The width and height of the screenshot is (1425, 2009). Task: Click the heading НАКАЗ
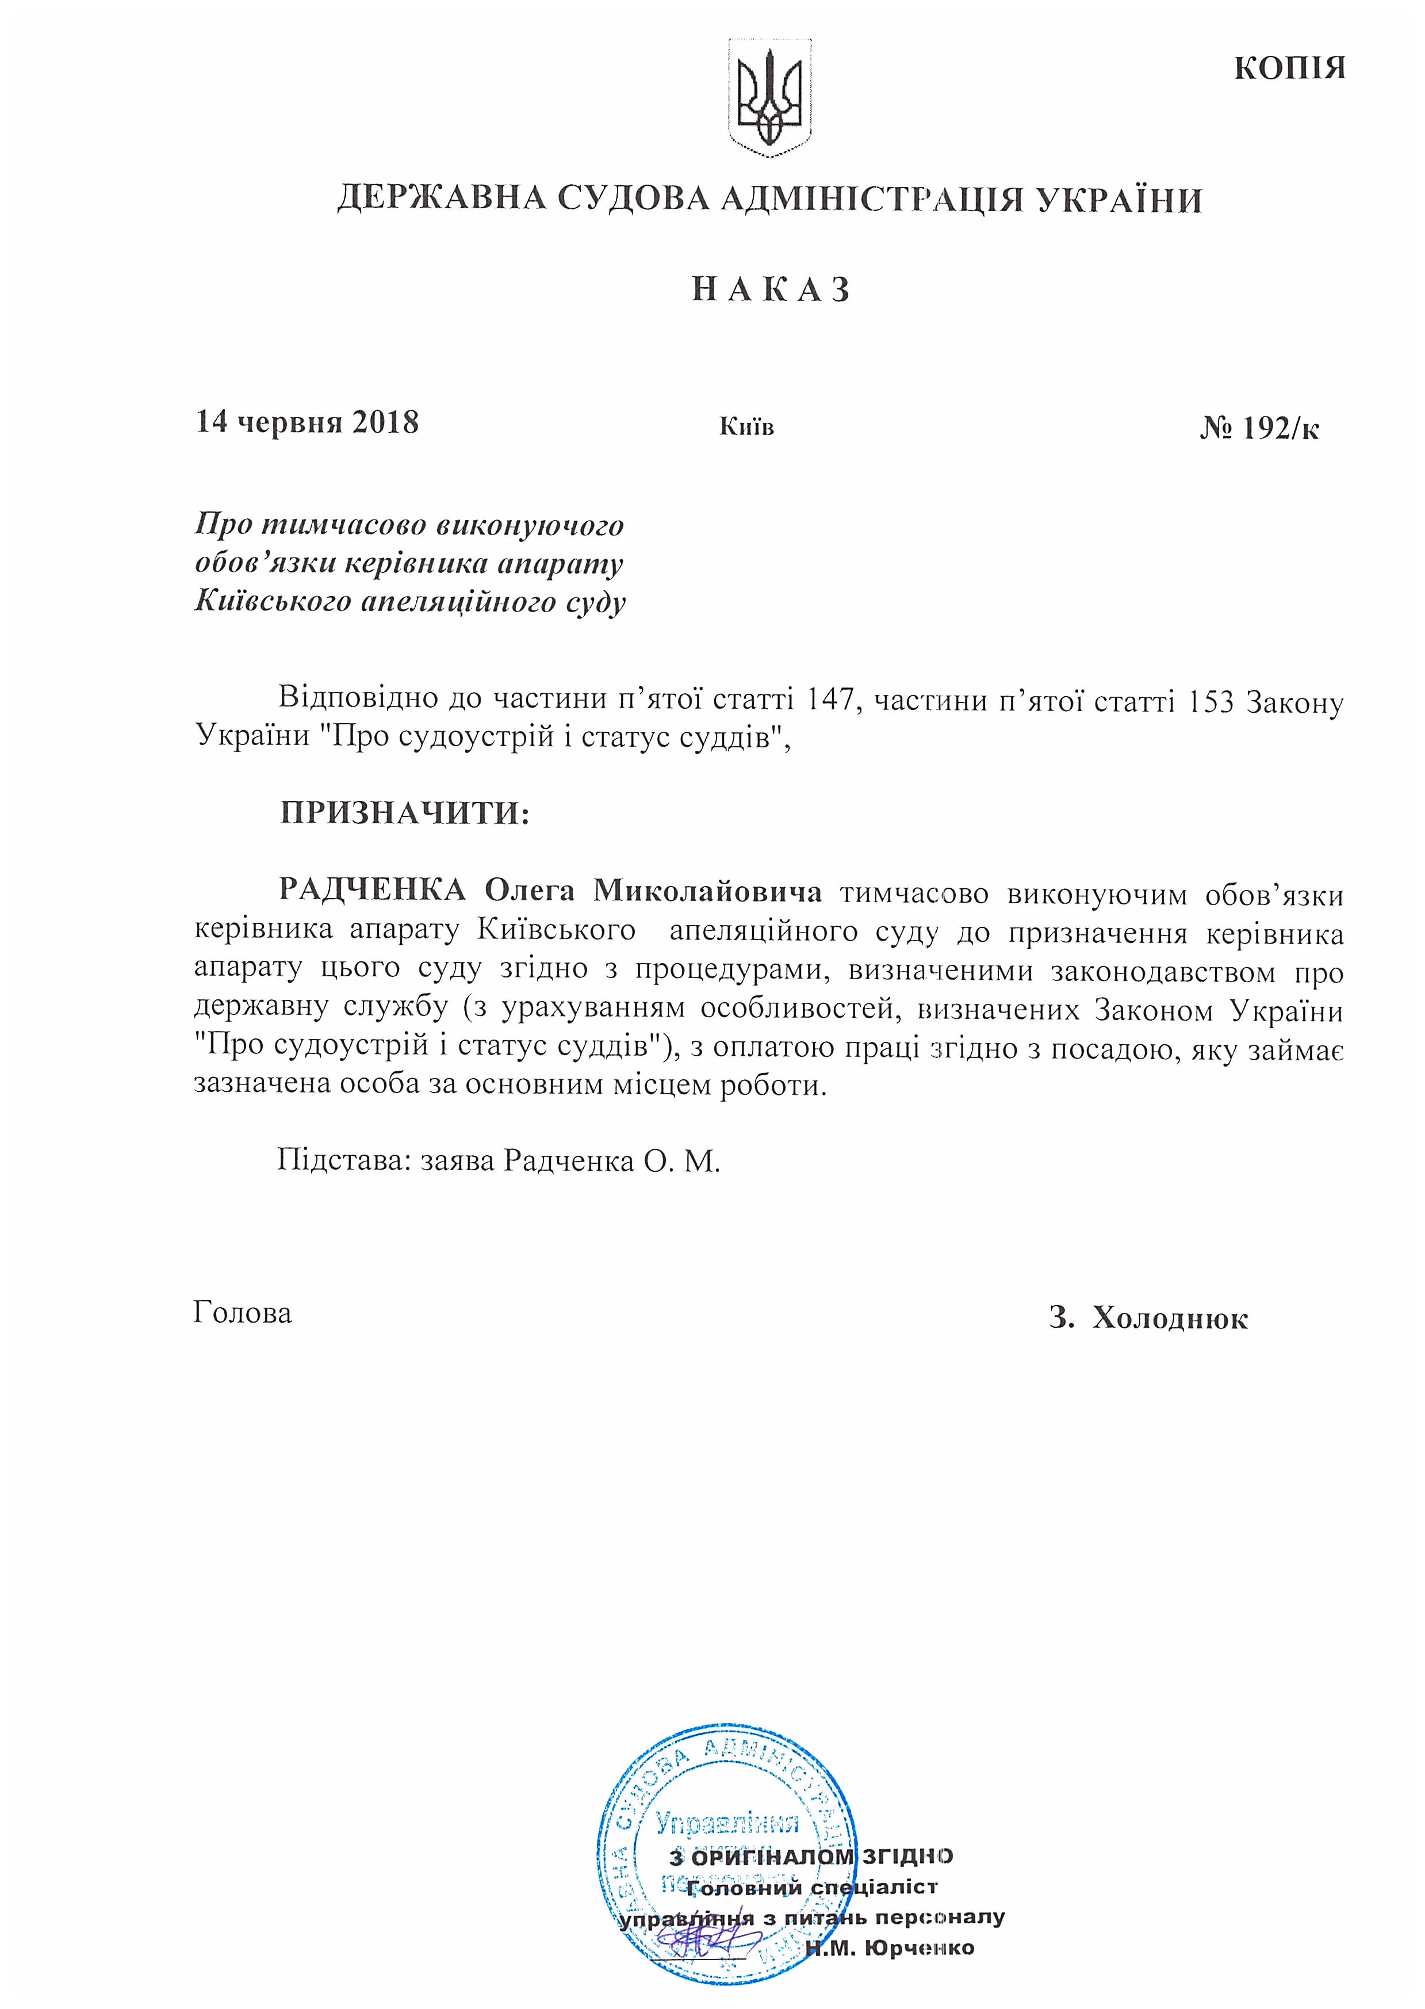click(x=771, y=289)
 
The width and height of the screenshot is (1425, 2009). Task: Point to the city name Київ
click(x=747, y=427)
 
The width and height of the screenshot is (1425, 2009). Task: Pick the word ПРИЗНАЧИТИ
click(x=404, y=813)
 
